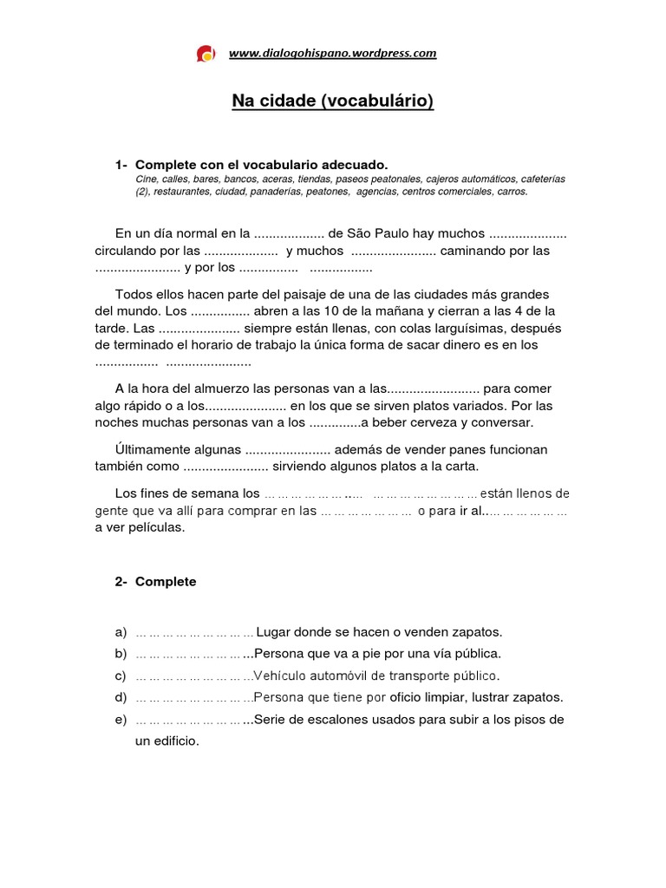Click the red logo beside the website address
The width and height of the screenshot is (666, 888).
206,54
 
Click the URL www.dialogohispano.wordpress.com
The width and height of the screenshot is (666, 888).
332,54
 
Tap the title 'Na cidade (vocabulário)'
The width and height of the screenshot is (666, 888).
332,102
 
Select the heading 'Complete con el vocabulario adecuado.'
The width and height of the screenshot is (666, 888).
262,165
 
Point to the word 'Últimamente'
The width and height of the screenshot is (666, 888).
151,449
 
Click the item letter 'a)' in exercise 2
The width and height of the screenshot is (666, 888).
121,631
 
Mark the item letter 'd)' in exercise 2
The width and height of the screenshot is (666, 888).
121,697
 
